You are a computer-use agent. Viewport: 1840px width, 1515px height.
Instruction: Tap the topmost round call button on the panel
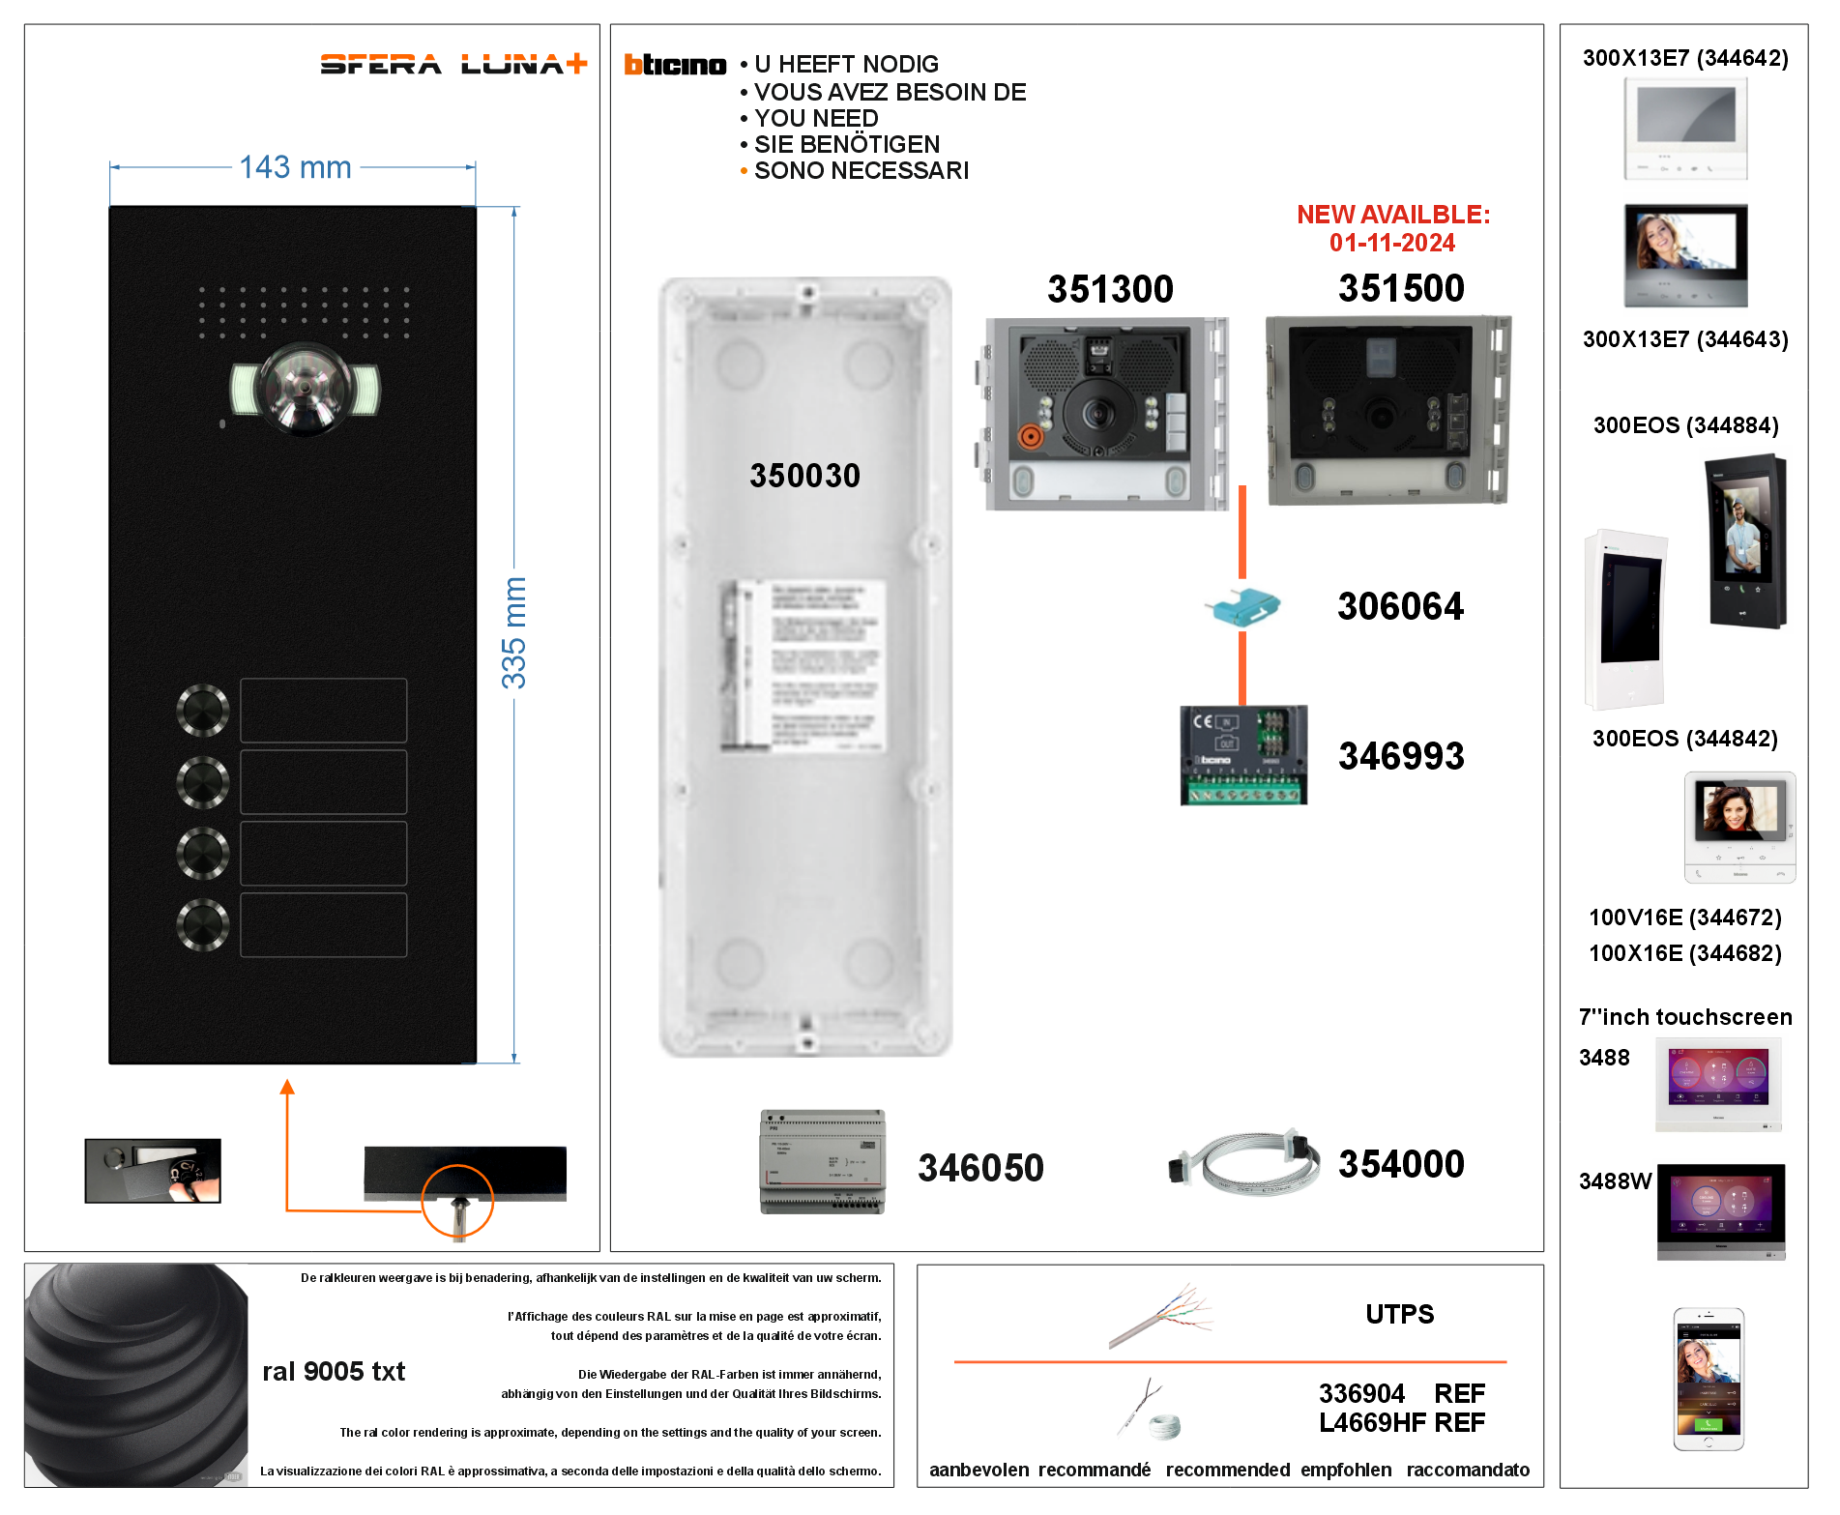tap(203, 710)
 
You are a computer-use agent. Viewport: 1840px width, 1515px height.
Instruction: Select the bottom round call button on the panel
tap(203, 924)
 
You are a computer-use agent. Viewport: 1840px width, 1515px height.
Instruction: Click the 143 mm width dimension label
tap(295, 167)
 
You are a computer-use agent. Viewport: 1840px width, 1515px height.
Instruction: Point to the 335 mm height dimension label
tap(513, 633)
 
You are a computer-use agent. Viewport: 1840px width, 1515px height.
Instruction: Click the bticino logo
tap(675, 65)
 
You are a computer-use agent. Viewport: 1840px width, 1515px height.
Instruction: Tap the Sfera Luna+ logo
tap(453, 64)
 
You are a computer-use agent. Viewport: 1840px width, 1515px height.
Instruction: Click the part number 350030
tap(804, 476)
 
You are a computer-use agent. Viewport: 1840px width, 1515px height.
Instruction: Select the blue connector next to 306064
tap(1244, 607)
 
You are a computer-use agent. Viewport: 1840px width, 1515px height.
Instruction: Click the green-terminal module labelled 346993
tap(1243, 755)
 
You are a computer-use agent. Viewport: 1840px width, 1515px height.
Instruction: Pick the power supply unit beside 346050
tap(823, 1161)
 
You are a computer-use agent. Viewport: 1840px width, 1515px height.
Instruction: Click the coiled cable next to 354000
tap(1244, 1163)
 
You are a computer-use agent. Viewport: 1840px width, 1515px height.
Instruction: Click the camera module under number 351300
tap(1102, 414)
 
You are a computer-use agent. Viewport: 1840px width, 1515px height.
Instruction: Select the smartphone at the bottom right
tap(1709, 1380)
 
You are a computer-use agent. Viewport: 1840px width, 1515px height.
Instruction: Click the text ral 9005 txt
tap(334, 1371)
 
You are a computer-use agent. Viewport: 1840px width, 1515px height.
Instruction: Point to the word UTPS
tap(1399, 1314)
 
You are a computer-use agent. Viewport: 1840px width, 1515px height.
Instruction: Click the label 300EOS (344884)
tap(1685, 425)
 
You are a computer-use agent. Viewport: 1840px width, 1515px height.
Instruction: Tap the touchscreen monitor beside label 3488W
tap(1721, 1211)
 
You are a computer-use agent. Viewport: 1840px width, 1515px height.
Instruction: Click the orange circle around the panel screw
tap(458, 1201)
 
